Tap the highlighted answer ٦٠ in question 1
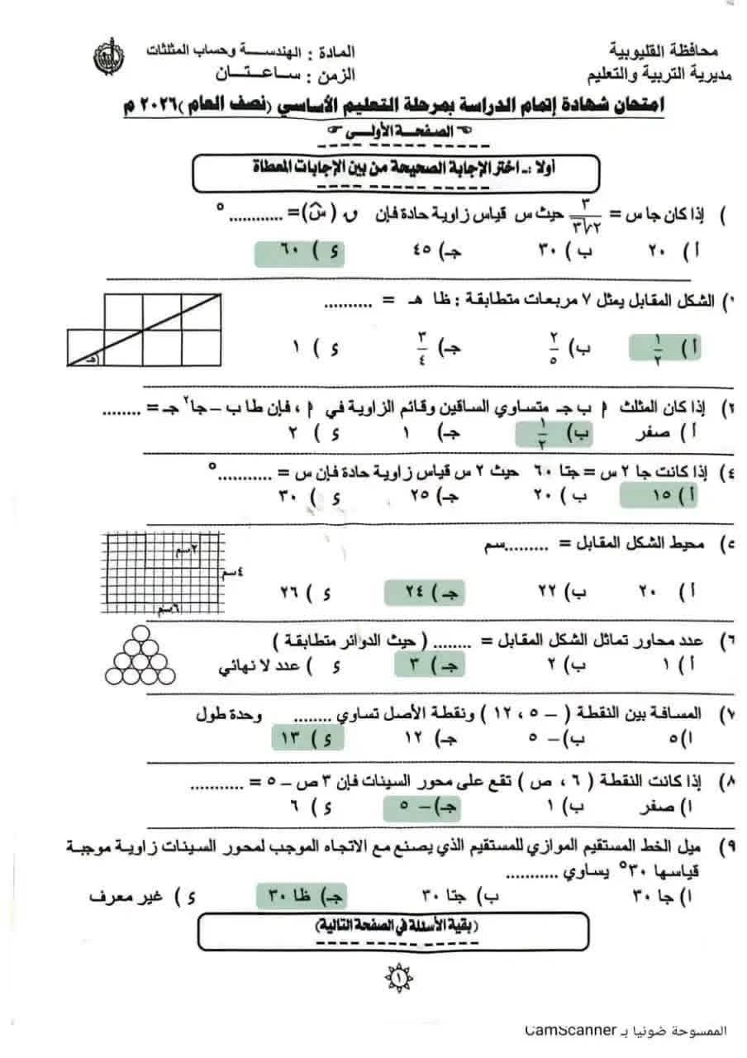(x=299, y=250)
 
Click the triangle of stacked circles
(x=144, y=655)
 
